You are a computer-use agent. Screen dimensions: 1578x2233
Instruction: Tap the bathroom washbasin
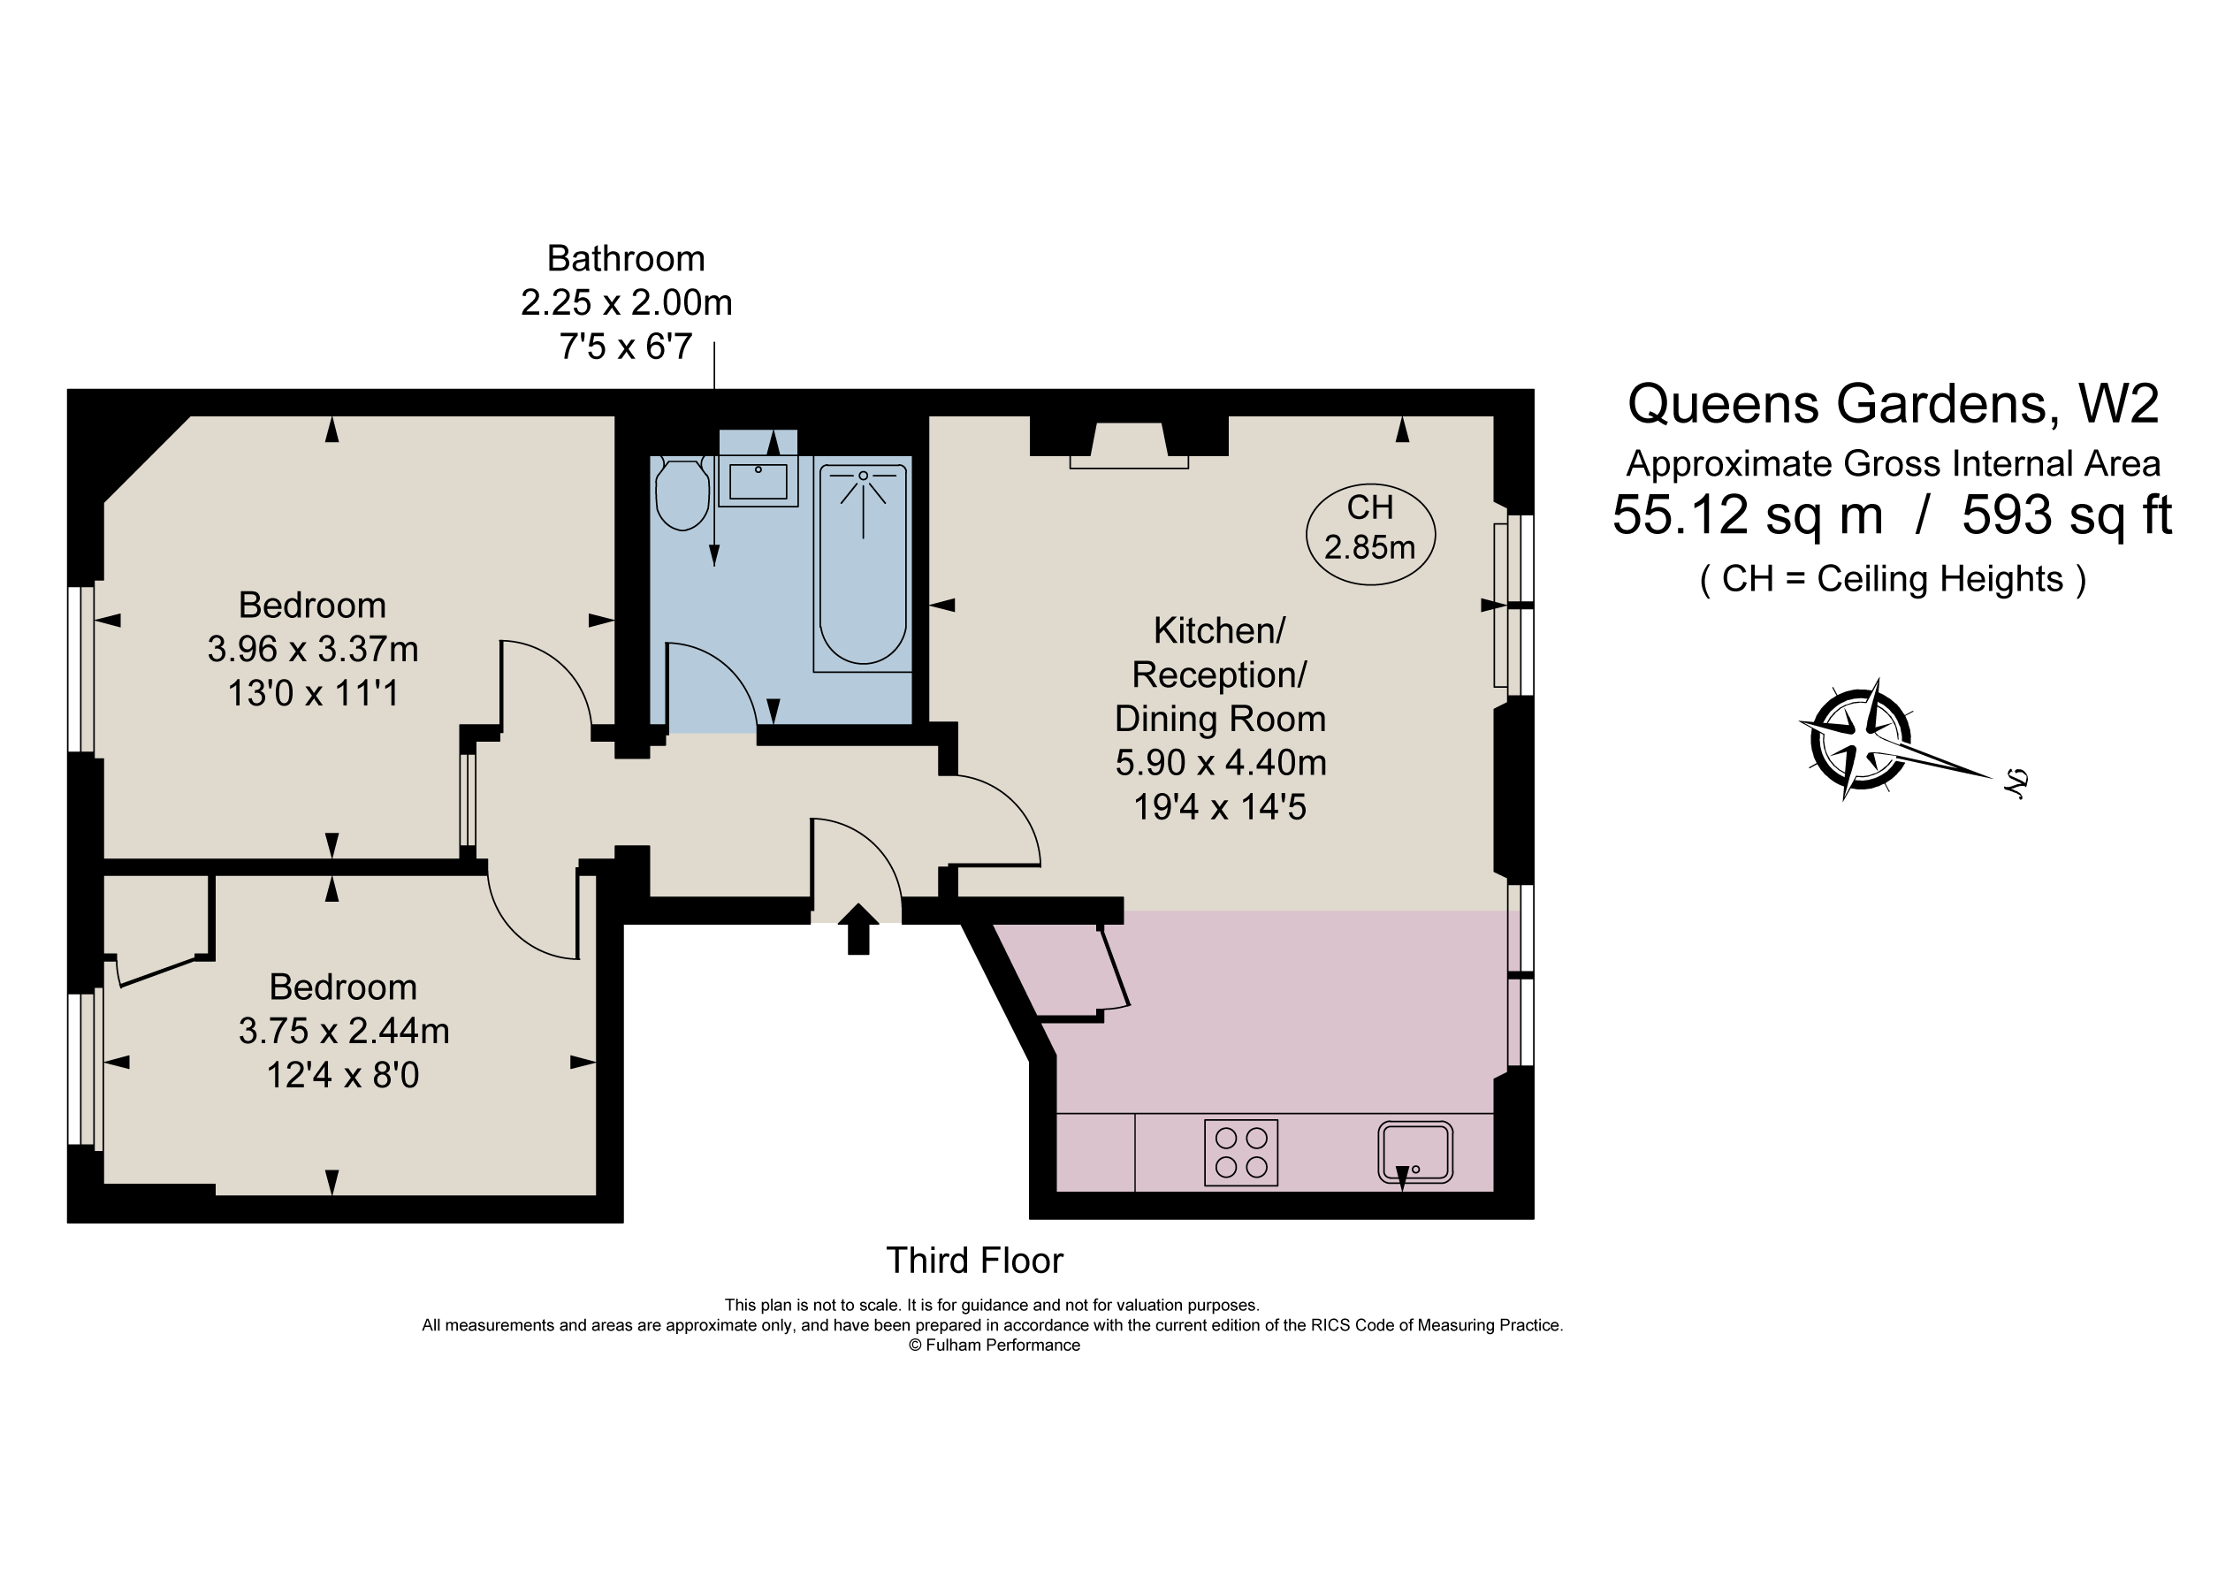(x=758, y=481)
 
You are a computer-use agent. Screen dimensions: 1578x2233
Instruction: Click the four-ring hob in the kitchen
(x=1241, y=1153)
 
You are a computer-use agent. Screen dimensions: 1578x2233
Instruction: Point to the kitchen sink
(x=1415, y=1152)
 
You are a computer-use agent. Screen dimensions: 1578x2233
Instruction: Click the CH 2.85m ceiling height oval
(x=1369, y=534)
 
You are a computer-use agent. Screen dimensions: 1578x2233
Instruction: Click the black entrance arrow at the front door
(x=857, y=929)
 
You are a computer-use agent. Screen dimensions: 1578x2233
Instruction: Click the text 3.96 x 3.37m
(x=312, y=649)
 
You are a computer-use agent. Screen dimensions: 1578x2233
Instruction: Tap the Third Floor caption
(x=973, y=1261)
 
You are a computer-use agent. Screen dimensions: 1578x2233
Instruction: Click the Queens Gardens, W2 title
(x=1893, y=404)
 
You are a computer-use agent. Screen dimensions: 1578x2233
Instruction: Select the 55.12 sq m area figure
(x=1747, y=515)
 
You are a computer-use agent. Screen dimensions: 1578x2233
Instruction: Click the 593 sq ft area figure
(x=2066, y=515)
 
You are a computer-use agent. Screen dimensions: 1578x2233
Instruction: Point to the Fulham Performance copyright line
(x=994, y=1345)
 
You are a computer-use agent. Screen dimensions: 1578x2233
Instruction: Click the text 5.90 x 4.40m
(x=1221, y=763)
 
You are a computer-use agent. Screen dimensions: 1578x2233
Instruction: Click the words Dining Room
(x=1220, y=719)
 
